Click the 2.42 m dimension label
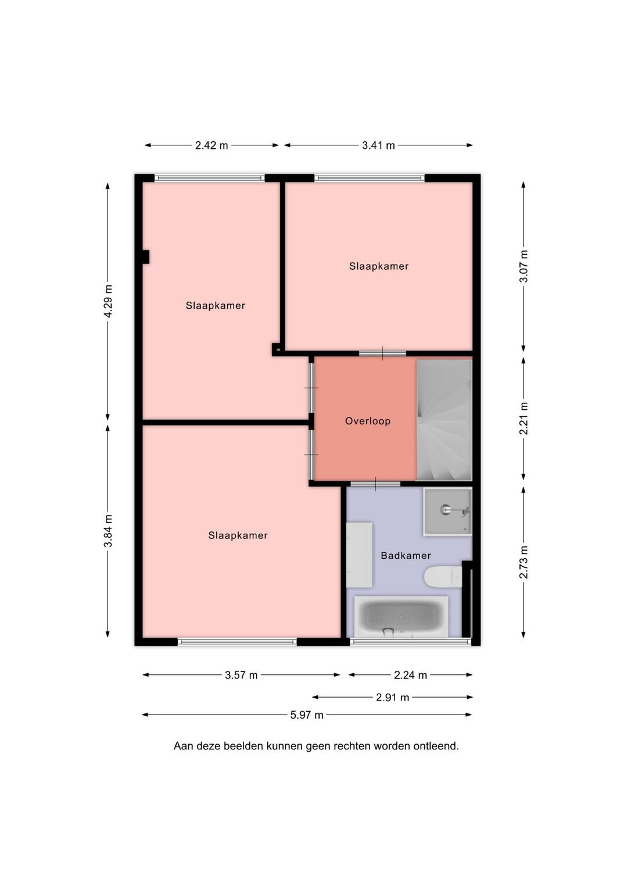[211, 145]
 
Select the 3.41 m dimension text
[378, 145]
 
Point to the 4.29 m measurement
[108, 301]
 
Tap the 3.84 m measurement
[108, 531]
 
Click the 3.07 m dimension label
[524, 266]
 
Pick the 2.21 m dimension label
[524, 419]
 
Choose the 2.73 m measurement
[524, 562]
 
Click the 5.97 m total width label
[306, 715]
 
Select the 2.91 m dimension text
[392, 697]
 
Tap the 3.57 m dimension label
[241, 675]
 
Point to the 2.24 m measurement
[410, 675]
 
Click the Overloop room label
[368, 422]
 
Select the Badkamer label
[406, 555]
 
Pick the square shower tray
[447, 511]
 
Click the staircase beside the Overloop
[444, 420]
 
